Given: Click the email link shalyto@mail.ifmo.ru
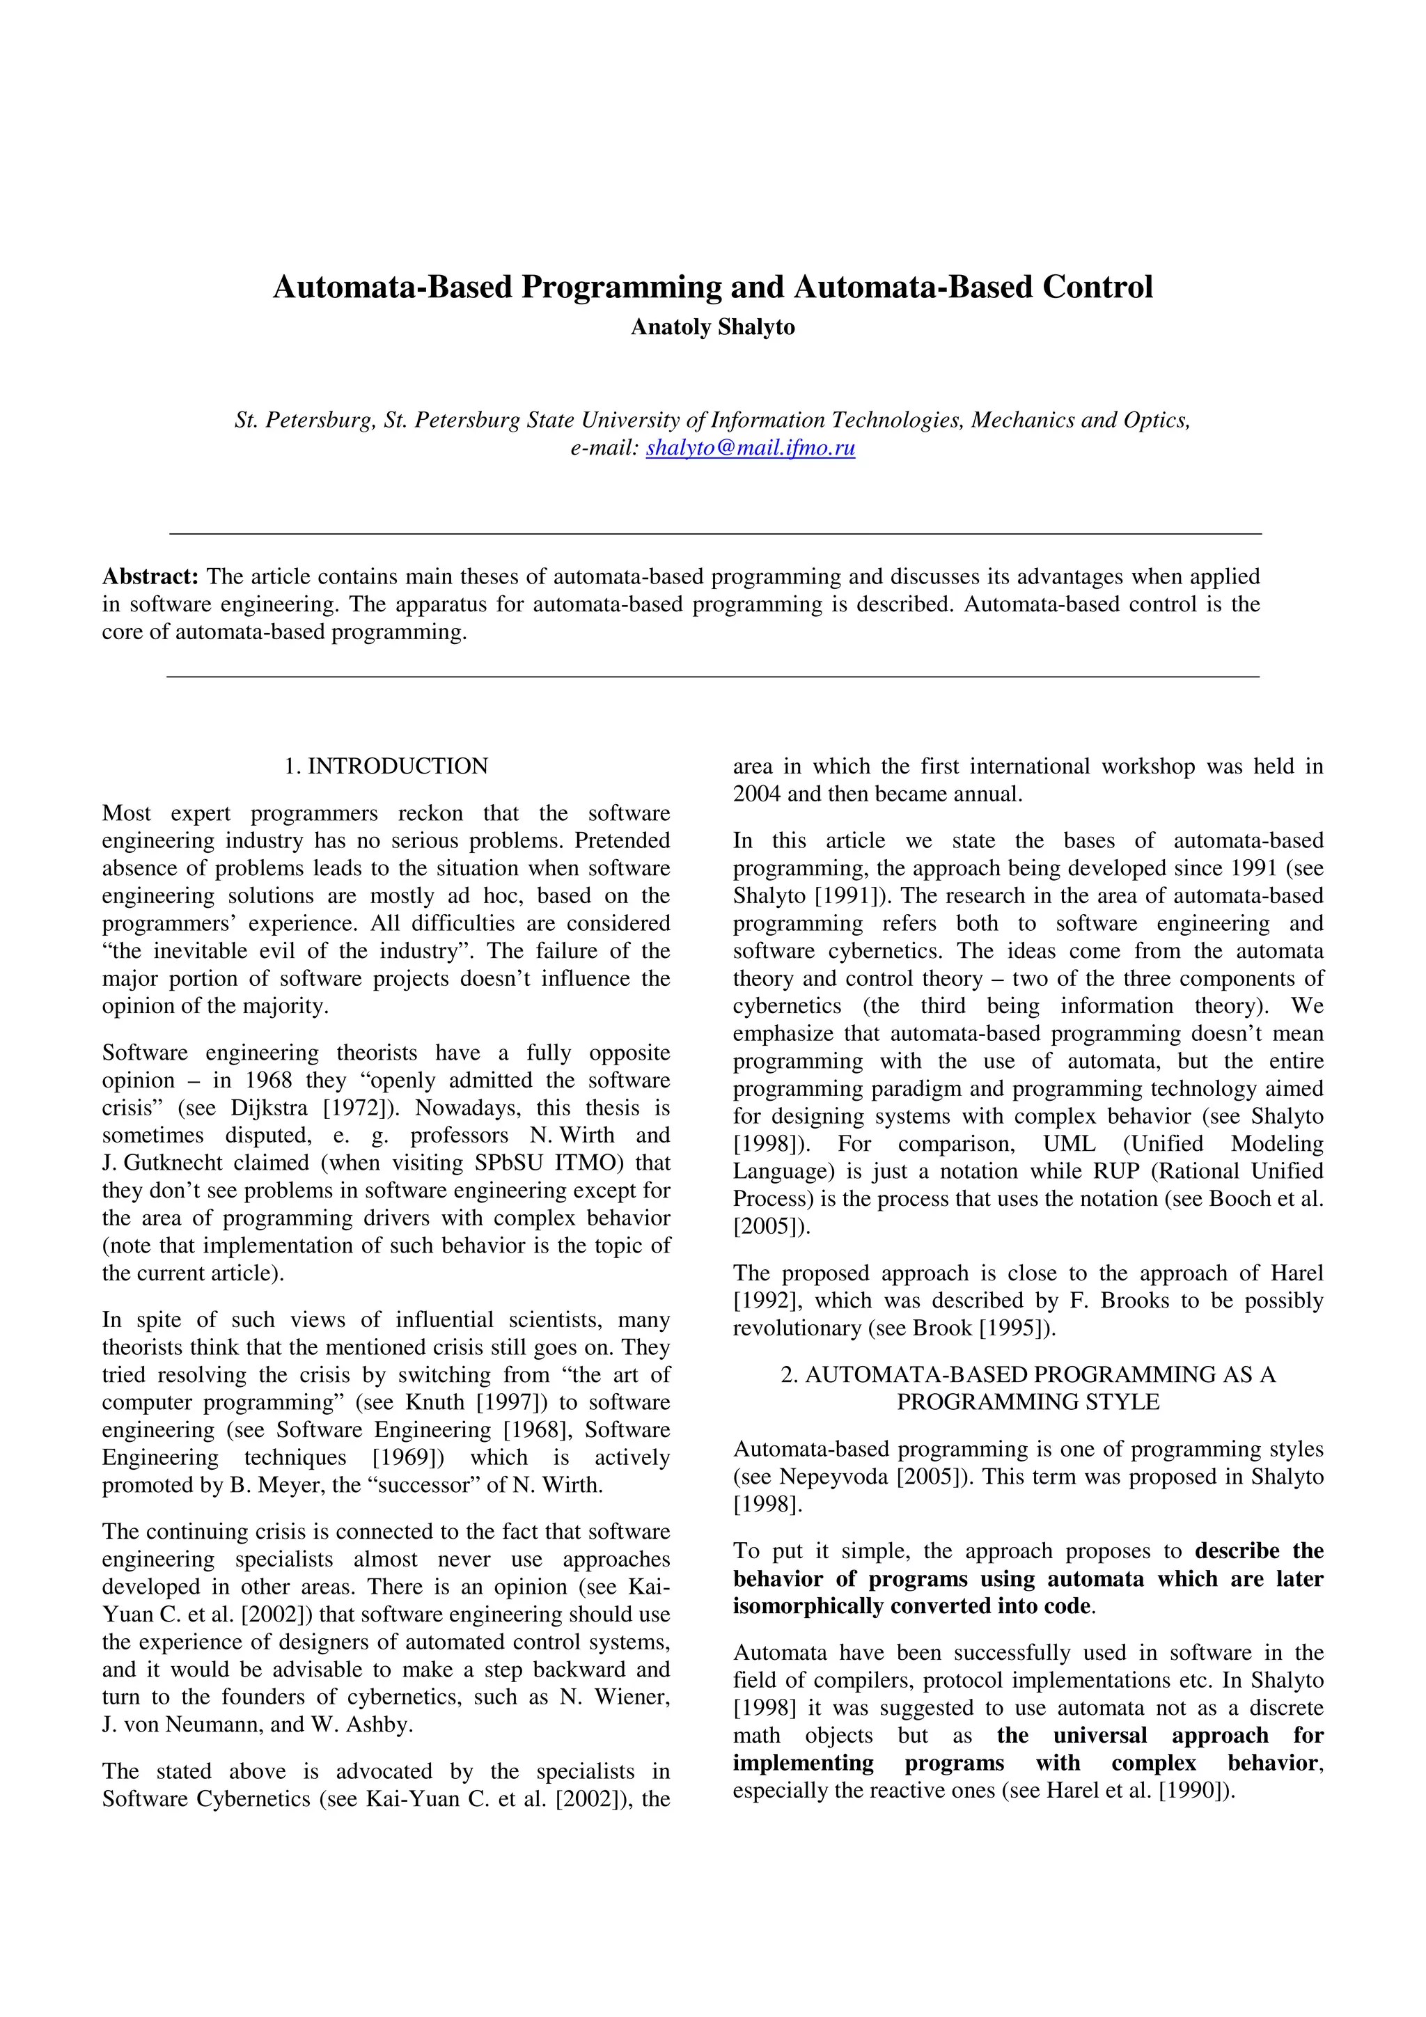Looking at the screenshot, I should [751, 448].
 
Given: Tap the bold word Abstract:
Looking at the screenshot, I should [150, 576].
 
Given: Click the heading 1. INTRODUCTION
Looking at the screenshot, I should [386, 766].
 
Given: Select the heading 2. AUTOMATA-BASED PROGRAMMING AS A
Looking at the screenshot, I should [1027, 1375].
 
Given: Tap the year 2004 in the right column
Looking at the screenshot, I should [758, 794].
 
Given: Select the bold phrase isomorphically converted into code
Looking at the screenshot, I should [912, 1606].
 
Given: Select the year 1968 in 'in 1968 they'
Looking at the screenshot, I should [268, 1081].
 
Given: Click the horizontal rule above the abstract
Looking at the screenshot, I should [712, 533].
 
